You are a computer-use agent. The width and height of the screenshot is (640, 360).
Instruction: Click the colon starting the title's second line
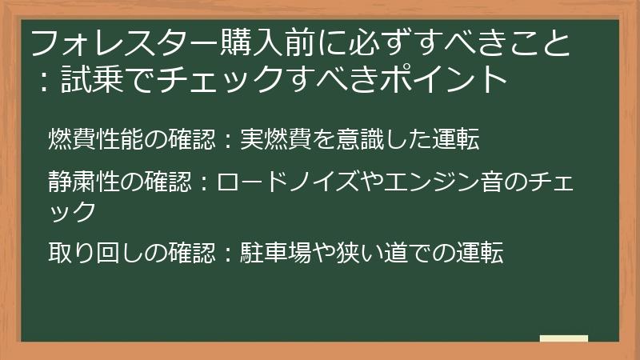39,81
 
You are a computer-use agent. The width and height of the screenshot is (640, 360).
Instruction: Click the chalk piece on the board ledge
563,338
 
